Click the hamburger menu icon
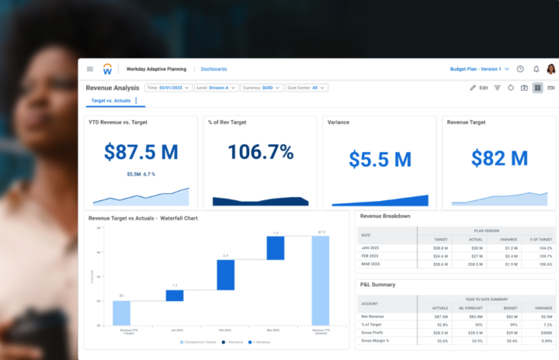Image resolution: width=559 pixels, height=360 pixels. pos(90,69)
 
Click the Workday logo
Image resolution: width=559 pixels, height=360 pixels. pos(107,69)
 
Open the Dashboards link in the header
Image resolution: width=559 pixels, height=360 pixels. pos(214,69)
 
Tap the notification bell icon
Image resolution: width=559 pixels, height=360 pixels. pos(535,69)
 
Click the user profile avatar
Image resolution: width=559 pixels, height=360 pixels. pos(550,69)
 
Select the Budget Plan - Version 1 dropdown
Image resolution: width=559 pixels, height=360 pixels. pos(479,69)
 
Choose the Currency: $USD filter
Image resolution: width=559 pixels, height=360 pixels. pos(262,88)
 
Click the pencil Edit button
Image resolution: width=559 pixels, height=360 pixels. pos(478,88)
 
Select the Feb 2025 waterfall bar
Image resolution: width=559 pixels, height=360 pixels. pos(225,275)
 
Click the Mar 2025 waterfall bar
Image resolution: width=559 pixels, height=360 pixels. pos(276,248)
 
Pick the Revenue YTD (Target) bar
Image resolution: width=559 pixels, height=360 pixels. pos(121,313)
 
